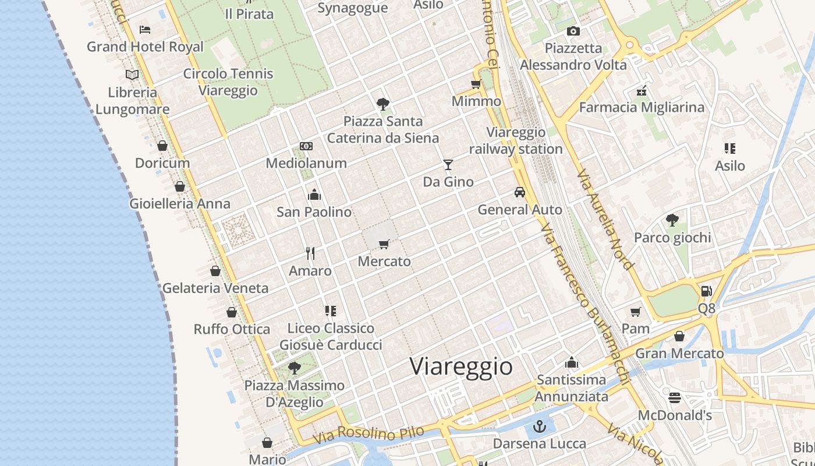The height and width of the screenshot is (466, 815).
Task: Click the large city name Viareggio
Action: point(461,366)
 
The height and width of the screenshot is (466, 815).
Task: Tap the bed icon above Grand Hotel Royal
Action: point(145,30)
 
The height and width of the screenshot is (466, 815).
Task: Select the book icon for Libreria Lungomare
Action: point(132,75)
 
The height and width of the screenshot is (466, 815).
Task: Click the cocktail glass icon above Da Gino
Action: point(448,165)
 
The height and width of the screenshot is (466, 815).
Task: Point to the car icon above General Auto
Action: point(519,192)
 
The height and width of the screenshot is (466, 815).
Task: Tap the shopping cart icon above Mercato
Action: point(384,244)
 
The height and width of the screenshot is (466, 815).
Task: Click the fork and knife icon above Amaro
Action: point(310,253)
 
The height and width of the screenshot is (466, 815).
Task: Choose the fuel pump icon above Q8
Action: point(706,291)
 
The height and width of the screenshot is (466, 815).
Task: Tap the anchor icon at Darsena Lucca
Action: point(540,426)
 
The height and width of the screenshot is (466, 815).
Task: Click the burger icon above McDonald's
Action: point(675,398)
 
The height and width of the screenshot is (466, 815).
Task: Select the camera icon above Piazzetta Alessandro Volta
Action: point(573,31)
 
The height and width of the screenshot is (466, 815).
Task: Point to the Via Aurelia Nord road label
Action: point(605,219)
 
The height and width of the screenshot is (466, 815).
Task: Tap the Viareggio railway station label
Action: point(516,141)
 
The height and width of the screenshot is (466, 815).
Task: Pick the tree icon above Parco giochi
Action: point(672,220)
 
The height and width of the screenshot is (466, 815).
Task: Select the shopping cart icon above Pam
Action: point(635,312)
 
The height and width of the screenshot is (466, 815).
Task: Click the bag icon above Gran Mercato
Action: point(679,336)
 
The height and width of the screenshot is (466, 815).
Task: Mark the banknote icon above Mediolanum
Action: point(306,146)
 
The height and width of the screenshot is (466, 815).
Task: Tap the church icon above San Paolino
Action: point(314,194)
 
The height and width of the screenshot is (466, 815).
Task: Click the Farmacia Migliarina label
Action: point(642,107)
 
